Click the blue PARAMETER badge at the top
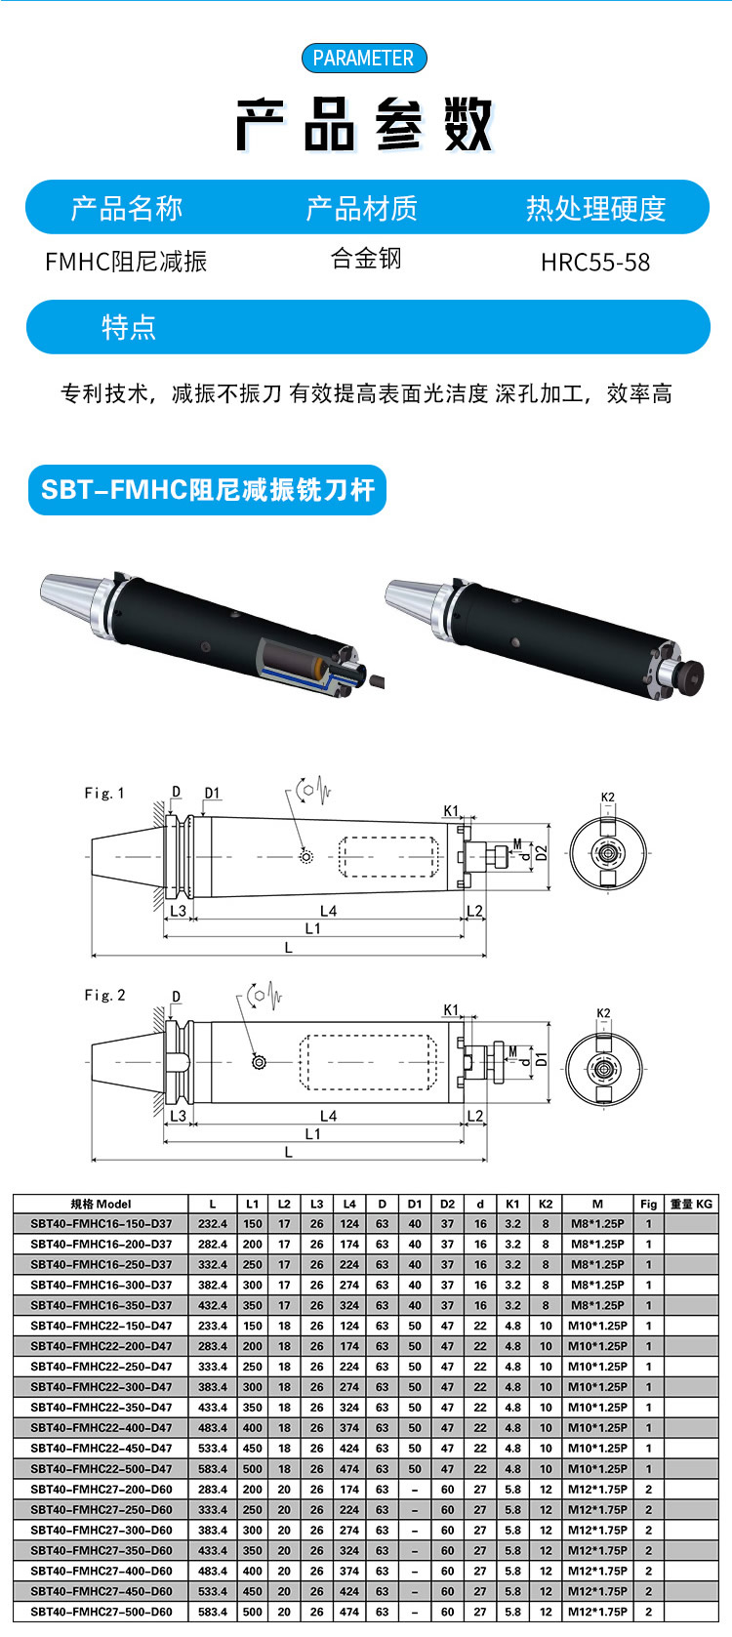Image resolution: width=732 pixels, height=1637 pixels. pos(364,58)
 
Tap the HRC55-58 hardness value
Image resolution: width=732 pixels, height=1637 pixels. pos(595,263)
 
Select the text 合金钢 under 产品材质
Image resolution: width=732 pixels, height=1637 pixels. pos(366,259)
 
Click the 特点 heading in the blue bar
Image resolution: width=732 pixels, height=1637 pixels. pos(129,327)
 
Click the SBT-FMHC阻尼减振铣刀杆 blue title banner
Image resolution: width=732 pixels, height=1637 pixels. pos(208,490)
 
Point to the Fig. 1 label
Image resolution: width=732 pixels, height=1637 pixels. pos(104,793)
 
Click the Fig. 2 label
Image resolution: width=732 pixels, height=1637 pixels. pos(104,996)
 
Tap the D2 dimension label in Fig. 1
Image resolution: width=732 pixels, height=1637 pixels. pos(542,853)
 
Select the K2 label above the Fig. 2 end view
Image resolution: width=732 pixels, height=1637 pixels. pos(603,1013)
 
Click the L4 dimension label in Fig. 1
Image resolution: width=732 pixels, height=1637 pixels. pos(328,911)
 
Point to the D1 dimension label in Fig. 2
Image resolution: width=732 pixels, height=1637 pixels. pos(542,1059)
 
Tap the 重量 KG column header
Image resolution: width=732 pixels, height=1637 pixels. pos(691,1204)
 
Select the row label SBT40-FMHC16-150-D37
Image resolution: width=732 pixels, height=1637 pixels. pos(102,1224)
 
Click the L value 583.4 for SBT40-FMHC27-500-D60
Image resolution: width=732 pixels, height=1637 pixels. pos(213,1612)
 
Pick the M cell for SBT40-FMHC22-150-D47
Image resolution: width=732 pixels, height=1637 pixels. pos(597,1326)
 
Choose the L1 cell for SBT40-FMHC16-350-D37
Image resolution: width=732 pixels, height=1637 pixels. pos(253,1305)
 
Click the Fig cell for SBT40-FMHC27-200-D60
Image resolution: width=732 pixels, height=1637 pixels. pos(649,1490)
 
